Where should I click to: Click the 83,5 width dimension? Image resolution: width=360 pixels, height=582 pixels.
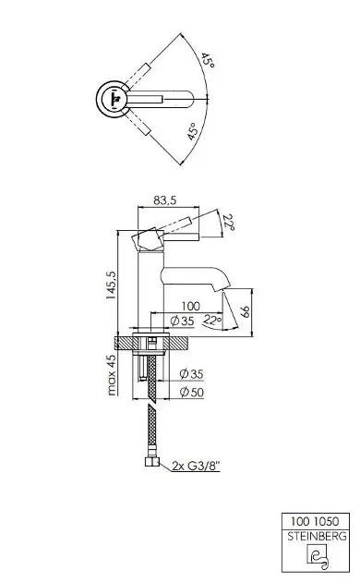point(165,200)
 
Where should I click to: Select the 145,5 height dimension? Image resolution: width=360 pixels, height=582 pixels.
point(111,285)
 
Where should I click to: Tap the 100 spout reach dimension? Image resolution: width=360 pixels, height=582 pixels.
point(190,306)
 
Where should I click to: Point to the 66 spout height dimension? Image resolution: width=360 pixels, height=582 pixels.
point(245,311)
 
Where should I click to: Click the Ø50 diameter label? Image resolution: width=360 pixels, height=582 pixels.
point(192,392)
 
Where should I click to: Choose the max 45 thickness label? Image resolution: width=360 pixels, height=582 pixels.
point(111,374)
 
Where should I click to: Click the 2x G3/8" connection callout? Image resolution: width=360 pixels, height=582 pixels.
point(196,465)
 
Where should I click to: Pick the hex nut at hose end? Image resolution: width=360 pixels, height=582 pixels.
point(152,461)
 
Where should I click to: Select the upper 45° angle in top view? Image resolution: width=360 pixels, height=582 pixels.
point(208,60)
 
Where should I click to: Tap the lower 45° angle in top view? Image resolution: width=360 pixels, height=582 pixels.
point(192,132)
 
